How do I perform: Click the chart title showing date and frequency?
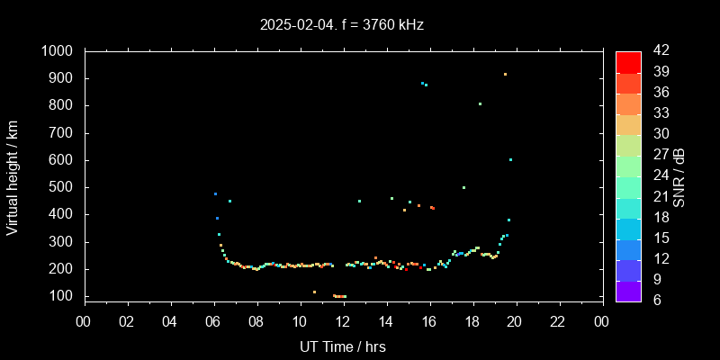coord(342,24)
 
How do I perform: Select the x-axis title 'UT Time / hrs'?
coord(342,346)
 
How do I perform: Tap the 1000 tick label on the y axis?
coord(59,51)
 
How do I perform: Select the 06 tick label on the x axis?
coord(213,321)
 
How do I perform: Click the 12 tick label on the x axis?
coord(343,321)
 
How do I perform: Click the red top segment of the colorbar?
coord(628,61)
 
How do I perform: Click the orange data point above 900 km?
coord(505,75)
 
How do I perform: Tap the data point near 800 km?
coord(480,103)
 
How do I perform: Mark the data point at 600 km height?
coord(510,160)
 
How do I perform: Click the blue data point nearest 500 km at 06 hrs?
coord(215,193)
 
